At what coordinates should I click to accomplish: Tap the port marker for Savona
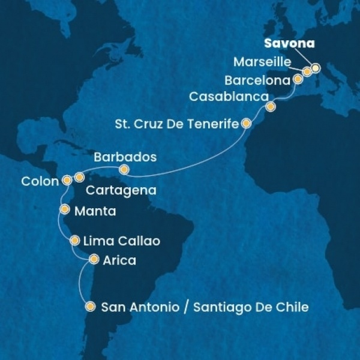click(316, 68)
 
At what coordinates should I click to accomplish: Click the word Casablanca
click(228, 97)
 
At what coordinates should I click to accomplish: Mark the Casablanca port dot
click(271, 107)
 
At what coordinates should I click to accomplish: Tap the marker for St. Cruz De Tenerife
click(245, 124)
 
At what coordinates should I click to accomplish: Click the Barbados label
click(125, 157)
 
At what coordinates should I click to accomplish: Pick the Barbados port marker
click(124, 170)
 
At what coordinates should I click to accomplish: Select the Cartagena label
click(121, 191)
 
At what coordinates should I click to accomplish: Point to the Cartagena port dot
click(79, 178)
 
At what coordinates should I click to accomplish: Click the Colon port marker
click(67, 180)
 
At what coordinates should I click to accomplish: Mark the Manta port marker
click(64, 209)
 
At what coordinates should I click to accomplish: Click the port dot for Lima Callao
click(75, 241)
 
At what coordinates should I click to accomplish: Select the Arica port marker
click(93, 260)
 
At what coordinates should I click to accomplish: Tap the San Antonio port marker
click(90, 307)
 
